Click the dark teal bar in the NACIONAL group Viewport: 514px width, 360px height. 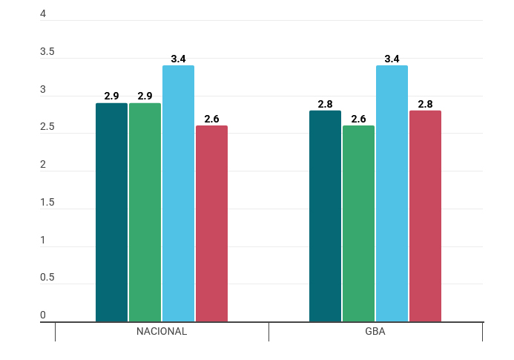click(111, 212)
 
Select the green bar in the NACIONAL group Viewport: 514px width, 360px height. click(145, 212)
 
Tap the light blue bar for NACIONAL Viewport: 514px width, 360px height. click(178, 194)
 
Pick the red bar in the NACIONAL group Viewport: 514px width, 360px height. click(212, 223)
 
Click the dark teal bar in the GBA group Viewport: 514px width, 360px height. click(325, 216)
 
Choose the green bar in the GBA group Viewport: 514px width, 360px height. click(359, 223)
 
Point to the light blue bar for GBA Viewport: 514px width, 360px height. click(392, 194)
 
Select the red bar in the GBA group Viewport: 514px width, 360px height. click(425, 216)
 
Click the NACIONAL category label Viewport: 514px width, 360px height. click(162, 332)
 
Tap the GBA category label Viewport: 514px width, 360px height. click(375, 332)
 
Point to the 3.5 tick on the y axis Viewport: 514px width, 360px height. click(47, 51)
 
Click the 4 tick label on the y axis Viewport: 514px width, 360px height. click(43, 14)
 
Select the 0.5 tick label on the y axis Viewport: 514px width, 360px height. click(47, 278)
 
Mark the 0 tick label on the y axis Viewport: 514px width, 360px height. click(43, 315)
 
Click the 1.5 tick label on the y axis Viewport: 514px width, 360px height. click(47, 202)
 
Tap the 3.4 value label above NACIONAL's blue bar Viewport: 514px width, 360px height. click(178, 59)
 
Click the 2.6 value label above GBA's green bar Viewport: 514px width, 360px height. click(359, 119)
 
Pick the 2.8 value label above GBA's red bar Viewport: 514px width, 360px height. click(425, 104)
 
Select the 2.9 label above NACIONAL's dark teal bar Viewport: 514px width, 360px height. click(111, 96)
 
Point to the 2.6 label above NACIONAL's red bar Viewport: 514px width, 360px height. click(212, 119)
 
